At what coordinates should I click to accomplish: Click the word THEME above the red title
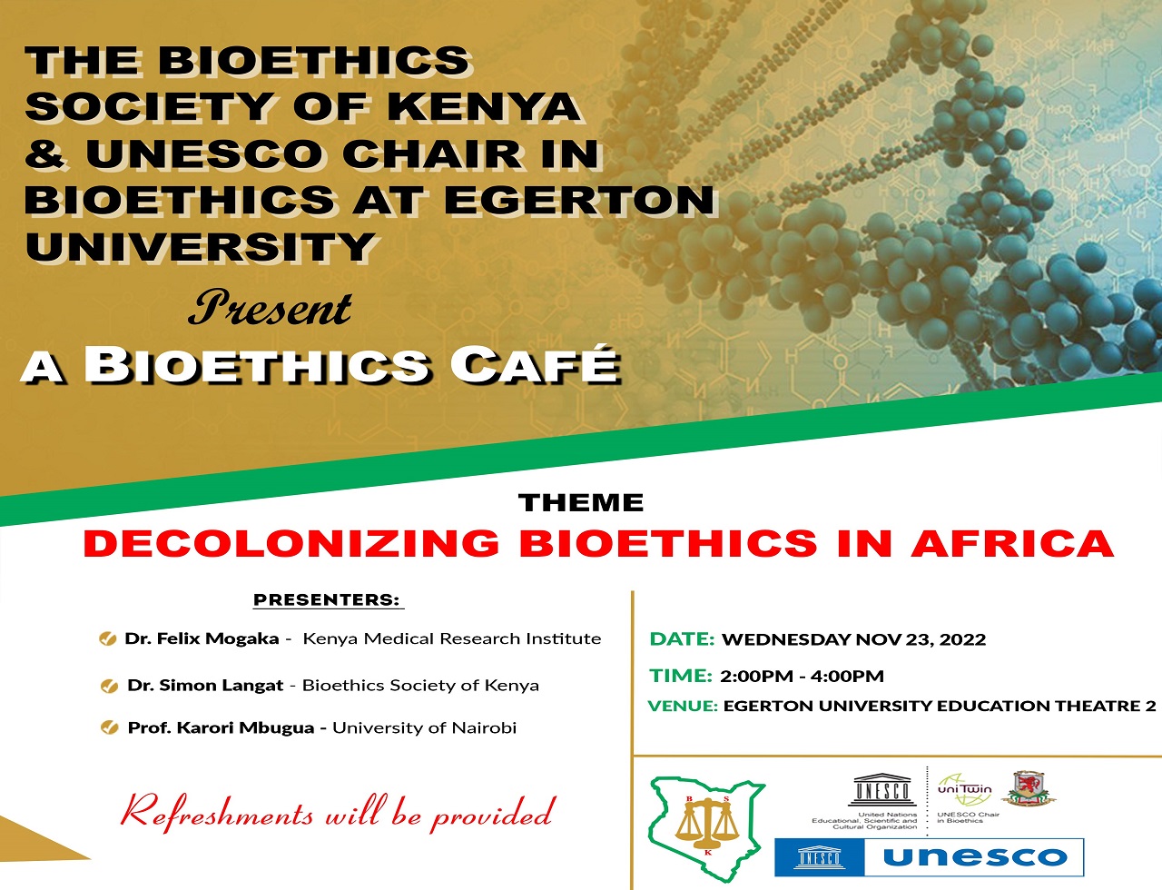(581, 502)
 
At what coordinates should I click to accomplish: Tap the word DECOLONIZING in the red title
(290, 544)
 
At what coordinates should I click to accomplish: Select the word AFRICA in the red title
(1012, 544)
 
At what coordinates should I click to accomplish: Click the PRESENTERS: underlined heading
(327, 599)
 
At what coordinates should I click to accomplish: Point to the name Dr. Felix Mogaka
(202, 638)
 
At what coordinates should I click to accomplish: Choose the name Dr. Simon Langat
(205, 686)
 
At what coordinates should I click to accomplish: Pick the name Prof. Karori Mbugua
(221, 727)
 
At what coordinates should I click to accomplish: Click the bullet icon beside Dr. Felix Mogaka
(107, 639)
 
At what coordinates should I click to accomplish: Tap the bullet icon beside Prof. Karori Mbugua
(110, 727)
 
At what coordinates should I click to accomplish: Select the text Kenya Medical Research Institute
(451, 638)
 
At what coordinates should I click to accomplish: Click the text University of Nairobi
(424, 727)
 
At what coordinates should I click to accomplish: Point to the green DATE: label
(682, 639)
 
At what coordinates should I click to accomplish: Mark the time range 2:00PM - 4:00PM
(802, 676)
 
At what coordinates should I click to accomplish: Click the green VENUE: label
(683, 706)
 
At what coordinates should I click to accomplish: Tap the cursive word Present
(271, 309)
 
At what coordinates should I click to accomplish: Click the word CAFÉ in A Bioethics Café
(535, 365)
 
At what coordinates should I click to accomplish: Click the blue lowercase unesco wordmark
(974, 856)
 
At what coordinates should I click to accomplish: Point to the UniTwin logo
(964, 789)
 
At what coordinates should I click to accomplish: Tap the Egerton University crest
(1028, 787)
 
